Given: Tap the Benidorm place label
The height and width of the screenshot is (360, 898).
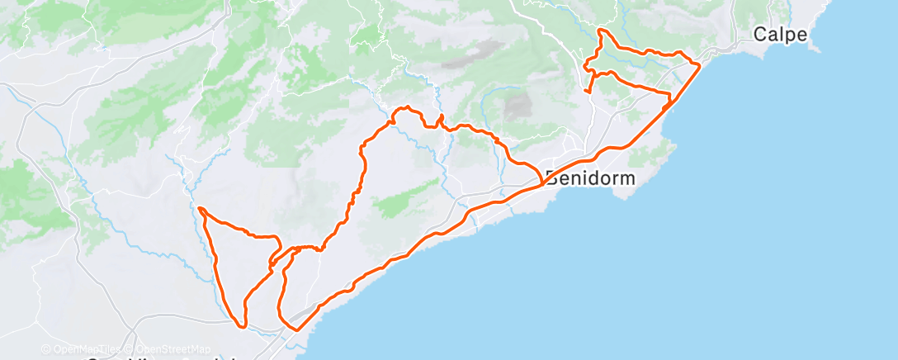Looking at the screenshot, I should (x=588, y=178).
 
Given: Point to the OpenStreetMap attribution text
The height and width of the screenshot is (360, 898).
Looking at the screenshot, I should (x=174, y=349).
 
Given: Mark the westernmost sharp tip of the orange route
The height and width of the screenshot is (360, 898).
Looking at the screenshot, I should (x=200, y=208).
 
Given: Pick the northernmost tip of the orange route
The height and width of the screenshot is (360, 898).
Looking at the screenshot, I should (x=601, y=31).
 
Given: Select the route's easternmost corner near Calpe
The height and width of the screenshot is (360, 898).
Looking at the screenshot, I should (x=700, y=64).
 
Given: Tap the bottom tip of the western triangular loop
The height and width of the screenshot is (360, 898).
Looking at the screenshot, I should (x=243, y=325).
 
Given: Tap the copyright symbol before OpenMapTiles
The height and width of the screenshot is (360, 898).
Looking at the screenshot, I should (x=46, y=349).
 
